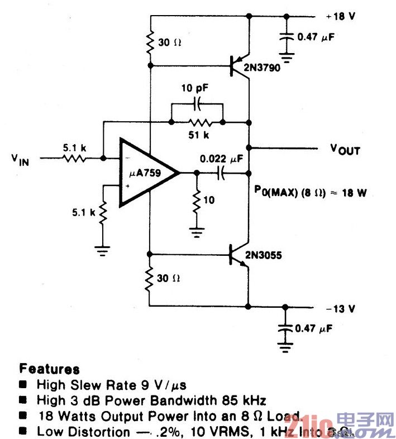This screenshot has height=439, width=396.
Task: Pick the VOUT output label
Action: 345,150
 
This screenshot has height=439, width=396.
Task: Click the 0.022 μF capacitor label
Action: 222,159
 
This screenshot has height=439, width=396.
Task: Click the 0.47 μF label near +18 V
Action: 317,37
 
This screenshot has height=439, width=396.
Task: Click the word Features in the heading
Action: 49,369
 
